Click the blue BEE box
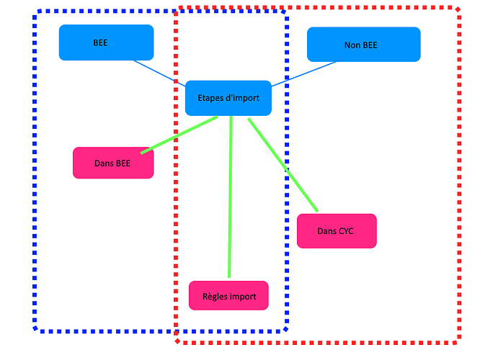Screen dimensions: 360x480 pyautogui.click(x=106, y=42)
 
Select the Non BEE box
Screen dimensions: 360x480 pyautogui.click(x=363, y=45)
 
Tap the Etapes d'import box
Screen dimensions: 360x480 pyautogui.click(x=228, y=98)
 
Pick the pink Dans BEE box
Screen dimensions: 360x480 pyautogui.click(x=112, y=163)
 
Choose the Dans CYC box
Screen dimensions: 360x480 pyautogui.click(x=336, y=231)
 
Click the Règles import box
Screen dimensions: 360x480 pyautogui.click(x=228, y=295)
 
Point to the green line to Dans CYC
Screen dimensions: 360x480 pyautogui.click(x=283, y=165)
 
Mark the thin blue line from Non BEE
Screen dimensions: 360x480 pyautogui.click(x=303, y=73)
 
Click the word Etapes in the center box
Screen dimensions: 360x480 pyautogui.click(x=211, y=98)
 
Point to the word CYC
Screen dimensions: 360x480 pyautogui.click(x=345, y=231)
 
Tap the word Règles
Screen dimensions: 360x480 pyautogui.click(x=215, y=296)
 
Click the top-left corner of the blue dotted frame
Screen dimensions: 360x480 pyautogui.click(x=37, y=13)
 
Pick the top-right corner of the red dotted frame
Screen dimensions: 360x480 pyautogui.click(x=458, y=9)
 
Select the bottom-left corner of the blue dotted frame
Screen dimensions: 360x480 pyautogui.click(x=37, y=330)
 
